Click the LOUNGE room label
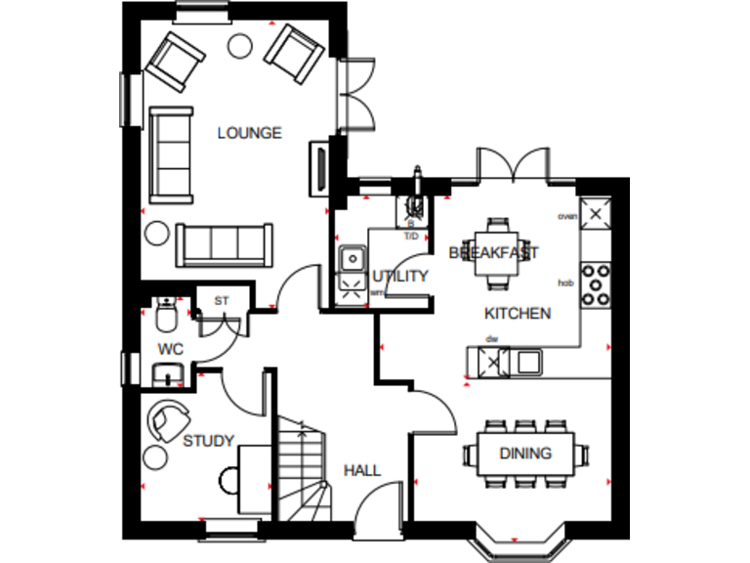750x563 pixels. pyautogui.click(x=249, y=133)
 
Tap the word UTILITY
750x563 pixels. pyautogui.click(x=400, y=277)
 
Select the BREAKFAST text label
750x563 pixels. pyautogui.click(x=493, y=252)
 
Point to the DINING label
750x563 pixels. pyautogui.click(x=525, y=453)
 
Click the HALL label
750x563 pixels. pyautogui.click(x=361, y=470)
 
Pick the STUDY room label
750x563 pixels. pyautogui.click(x=208, y=441)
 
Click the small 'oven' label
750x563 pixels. pyautogui.click(x=566, y=216)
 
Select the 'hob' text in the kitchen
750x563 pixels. pyautogui.click(x=564, y=282)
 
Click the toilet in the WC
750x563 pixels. pyautogui.click(x=165, y=314)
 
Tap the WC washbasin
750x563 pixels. pyautogui.click(x=166, y=372)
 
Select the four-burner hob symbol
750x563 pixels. pyautogui.click(x=596, y=283)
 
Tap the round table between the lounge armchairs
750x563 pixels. pyautogui.click(x=237, y=44)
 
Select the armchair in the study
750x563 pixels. pyautogui.click(x=170, y=419)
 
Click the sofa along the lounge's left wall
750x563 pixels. pyautogui.click(x=171, y=152)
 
